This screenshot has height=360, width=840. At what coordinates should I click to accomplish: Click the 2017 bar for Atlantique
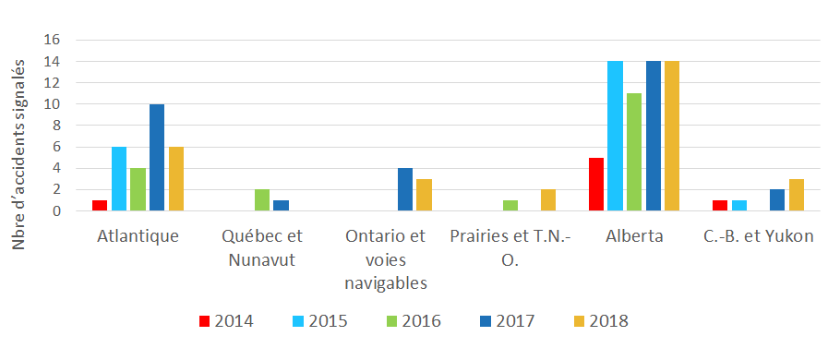point(157,158)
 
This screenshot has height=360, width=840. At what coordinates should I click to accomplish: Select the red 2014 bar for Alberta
point(596,185)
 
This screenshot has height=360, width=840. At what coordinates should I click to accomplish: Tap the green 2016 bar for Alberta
point(635,152)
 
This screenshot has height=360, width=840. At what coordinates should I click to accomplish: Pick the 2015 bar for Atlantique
point(119,179)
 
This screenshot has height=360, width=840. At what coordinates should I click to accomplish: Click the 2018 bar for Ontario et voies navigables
point(425,195)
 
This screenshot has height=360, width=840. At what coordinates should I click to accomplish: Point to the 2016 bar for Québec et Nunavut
point(262,200)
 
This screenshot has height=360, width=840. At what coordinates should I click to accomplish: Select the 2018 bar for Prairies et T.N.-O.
point(548,200)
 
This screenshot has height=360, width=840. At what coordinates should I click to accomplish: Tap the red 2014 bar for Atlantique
point(100,205)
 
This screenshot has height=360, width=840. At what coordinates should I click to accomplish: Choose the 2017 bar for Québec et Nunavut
point(281,206)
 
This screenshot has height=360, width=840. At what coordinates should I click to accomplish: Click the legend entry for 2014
point(227,321)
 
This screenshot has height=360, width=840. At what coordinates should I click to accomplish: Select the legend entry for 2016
point(414,321)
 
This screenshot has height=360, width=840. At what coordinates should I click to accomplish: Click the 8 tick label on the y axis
point(55,126)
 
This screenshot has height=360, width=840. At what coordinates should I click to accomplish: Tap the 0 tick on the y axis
point(55,211)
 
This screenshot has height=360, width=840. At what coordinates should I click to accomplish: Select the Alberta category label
point(634,236)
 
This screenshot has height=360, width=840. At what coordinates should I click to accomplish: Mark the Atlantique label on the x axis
point(138,236)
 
